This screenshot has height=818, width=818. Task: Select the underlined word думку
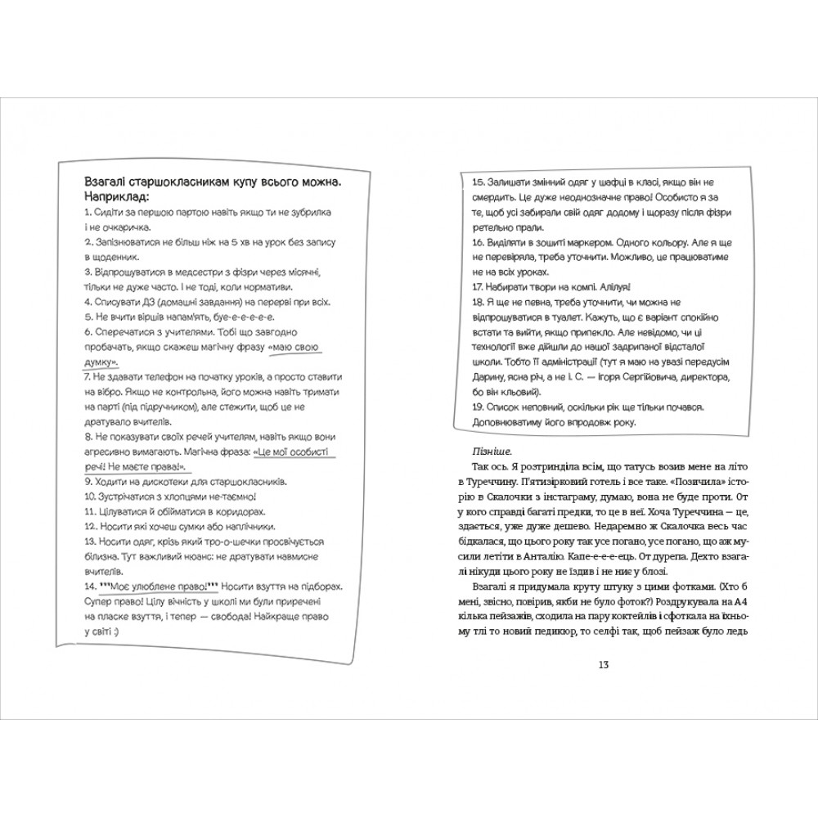101,361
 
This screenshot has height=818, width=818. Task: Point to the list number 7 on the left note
86,377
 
